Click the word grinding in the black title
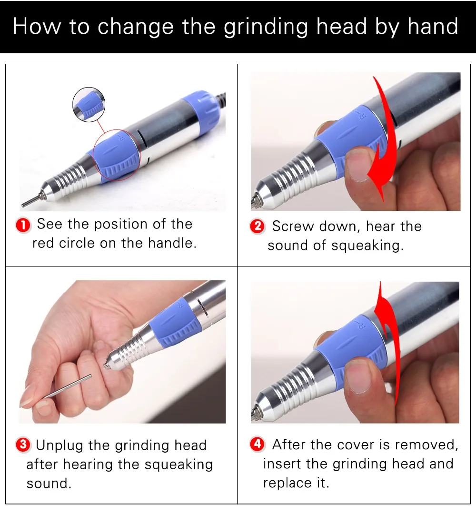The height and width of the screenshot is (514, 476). (x=266, y=27)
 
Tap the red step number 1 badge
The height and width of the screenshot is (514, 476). (x=23, y=226)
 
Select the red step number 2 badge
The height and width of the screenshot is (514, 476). (x=258, y=227)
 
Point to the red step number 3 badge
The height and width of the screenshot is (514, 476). (x=23, y=445)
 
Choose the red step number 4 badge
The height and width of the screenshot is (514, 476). (x=258, y=444)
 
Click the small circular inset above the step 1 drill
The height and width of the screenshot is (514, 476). (x=89, y=105)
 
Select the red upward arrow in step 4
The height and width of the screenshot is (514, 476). (x=388, y=344)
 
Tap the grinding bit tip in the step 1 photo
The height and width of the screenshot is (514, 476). (x=30, y=201)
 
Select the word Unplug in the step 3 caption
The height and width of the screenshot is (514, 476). (x=59, y=445)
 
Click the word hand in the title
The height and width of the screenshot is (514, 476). (x=433, y=26)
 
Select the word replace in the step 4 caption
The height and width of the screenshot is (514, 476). (x=287, y=484)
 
